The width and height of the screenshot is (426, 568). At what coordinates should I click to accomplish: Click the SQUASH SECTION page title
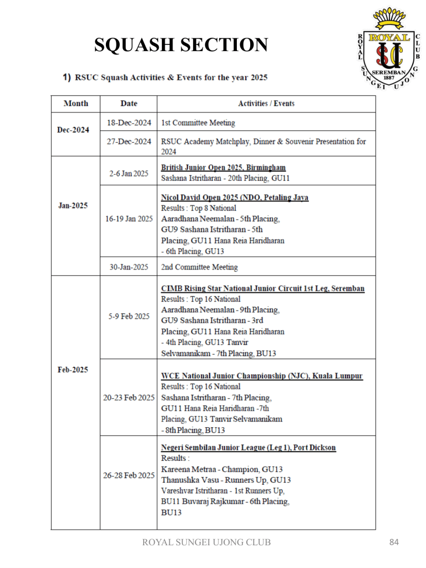tap(181, 44)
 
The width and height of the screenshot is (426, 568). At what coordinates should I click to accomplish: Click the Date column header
tap(128, 104)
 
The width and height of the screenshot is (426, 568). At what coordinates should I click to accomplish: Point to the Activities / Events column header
tap(266, 104)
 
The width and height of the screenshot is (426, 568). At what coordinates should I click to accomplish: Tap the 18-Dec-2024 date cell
tap(128, 122)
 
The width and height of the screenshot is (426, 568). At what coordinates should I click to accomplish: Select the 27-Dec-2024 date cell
tap(128, 141)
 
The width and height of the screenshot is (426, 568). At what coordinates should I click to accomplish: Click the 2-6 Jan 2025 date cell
tap(128, 173)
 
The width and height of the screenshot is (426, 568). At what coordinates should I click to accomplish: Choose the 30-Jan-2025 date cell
tap(128, 267)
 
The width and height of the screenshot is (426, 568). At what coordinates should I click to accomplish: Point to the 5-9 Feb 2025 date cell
tap(128, 317)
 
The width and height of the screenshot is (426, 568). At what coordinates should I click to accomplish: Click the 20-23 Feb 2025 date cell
tap(128, 398)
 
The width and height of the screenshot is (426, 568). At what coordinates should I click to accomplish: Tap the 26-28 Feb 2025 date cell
tap(128, 475)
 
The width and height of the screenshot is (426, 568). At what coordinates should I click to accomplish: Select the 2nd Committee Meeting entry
tap(200, 267)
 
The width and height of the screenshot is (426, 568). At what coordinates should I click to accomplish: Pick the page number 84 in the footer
tap(394, 542)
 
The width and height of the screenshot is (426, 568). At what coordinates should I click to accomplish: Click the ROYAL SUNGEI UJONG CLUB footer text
tap(207, 542)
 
